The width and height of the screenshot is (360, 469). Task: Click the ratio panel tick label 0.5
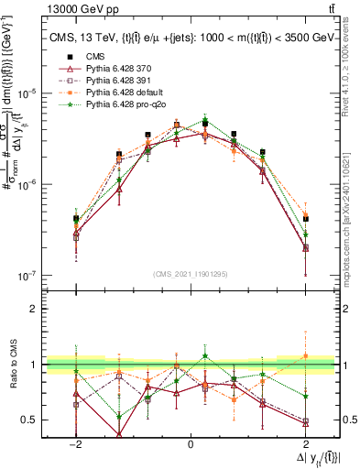coord(28,420)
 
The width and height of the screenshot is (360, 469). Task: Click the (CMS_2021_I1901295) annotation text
coord(191,274)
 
